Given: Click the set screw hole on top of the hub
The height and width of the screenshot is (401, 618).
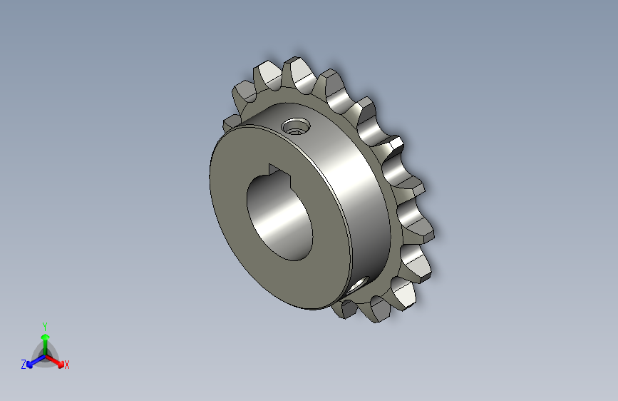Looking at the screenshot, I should pyautogui.click(x=295, y=128).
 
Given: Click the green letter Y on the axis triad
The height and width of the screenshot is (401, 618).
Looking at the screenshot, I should pyautogui.click(x=44, y=325).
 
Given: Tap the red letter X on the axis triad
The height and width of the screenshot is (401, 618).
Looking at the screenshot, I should pyautogui.click(x=67, y=365).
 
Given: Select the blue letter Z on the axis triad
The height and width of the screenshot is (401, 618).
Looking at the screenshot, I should pyautogui.click(x=24, y=364).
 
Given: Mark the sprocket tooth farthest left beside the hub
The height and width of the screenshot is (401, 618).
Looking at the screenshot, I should pyautogui.click(x=232, y=123).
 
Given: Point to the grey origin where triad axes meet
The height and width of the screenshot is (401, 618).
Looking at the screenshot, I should pyautogui.click(x=45, y=354).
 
